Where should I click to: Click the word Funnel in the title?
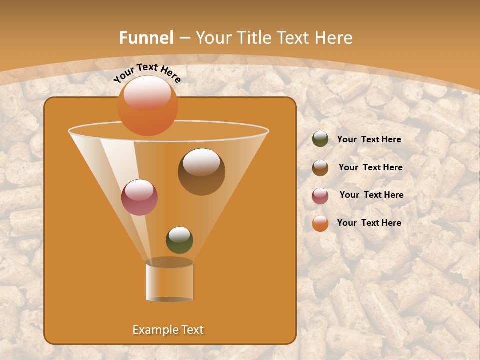tap(146, 38)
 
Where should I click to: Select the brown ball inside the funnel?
tap(201, 172)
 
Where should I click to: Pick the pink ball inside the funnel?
tap(139, 197)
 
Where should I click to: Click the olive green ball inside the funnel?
tap(179, 240)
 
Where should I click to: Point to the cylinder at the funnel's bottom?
tap(169, 281)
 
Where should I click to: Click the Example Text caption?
tap(168, 330)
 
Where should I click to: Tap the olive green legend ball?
tap(320, 139)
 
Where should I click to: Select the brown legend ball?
tap(320, 168)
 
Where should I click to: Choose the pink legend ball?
tap(320, 195)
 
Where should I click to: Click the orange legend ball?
tap(320, 223)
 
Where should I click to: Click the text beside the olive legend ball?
tap(369, 139)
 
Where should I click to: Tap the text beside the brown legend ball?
tap(370, 167)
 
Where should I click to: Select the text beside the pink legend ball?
tap(371, 195)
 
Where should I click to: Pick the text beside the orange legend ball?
tap(369, 223)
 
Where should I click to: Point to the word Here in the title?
tap(334, 38)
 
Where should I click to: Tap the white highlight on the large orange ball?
tap(147, 92)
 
